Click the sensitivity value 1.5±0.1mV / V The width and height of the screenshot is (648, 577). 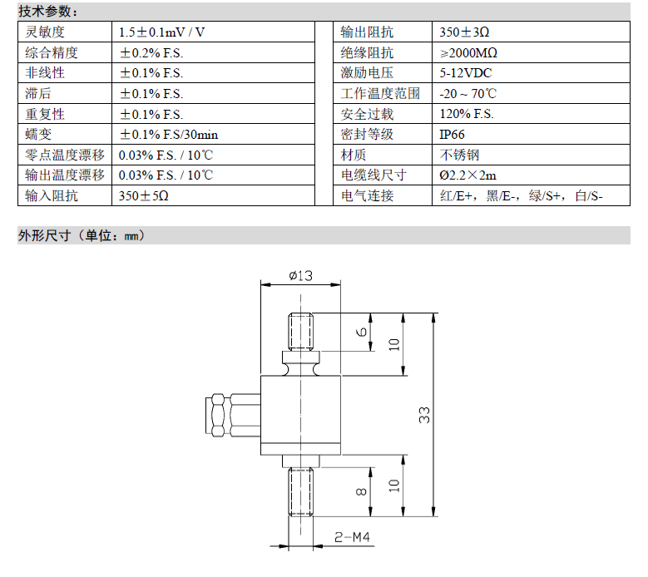161,32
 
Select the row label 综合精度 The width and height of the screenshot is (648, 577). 52,53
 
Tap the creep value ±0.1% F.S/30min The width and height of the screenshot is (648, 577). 169,135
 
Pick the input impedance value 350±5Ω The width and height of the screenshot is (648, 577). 143,195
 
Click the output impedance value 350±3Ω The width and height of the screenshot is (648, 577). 464,32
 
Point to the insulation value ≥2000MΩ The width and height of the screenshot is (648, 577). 468,53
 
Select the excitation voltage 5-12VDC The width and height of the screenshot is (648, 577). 465,73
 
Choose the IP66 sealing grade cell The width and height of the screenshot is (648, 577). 452,135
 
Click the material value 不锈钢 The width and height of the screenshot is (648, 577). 459,155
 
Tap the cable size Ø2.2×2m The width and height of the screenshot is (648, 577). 467,175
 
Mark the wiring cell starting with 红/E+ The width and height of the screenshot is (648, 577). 521,195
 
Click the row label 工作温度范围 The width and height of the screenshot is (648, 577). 380,93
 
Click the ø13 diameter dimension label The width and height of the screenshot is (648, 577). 300,275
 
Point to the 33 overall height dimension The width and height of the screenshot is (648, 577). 424,415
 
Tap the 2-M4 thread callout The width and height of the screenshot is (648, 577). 352,537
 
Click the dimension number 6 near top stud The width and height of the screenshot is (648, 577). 361,332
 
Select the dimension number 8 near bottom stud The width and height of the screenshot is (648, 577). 361,491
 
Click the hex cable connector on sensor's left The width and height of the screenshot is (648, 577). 233,415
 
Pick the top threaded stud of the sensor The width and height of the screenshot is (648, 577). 300,332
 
